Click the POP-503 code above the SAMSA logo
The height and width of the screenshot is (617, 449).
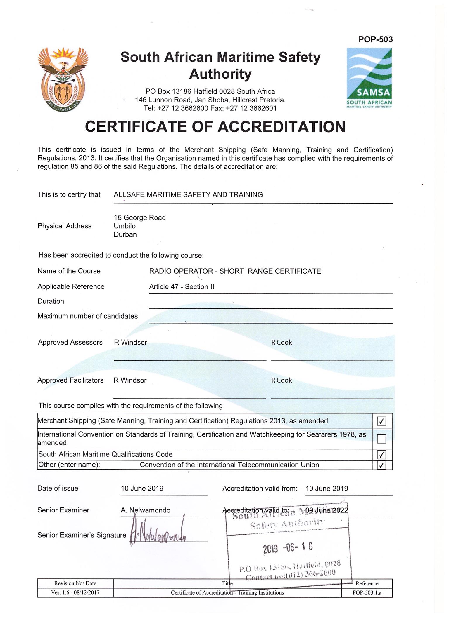(375, 39)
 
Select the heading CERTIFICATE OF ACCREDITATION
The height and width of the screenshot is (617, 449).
(215, 127)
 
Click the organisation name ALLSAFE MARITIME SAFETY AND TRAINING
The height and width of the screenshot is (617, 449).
(188, 195)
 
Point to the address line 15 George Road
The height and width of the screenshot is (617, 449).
(140, 218)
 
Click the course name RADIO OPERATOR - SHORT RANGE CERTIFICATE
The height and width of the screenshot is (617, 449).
(235, 271)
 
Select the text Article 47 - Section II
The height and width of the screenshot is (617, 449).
(182, 287)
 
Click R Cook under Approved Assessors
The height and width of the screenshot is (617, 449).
(282, 343)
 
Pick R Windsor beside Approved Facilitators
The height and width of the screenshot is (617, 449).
(130, 380)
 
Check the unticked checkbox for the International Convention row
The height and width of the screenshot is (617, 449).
(381, 439)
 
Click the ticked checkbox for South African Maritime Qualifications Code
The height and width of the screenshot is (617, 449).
(381, 455)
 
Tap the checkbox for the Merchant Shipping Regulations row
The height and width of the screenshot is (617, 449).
(381, 421)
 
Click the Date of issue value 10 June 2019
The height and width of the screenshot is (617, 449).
(142, 489)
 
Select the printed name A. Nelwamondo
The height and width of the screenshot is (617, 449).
(145, 510)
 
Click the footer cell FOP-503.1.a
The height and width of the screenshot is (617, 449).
(367, 593)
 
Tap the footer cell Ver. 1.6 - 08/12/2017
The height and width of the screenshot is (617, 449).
(75, 593)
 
